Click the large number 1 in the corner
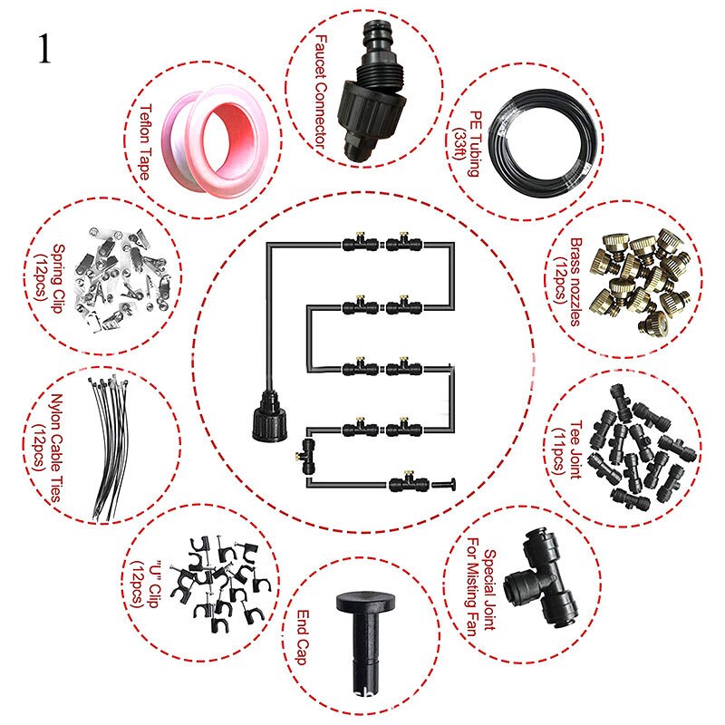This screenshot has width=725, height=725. click(x=44, y=49)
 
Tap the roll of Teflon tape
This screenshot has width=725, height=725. click(x=214, y=141)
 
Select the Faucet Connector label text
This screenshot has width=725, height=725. click(x=320, y=92)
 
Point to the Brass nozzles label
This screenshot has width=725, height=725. click(x=569, y=282)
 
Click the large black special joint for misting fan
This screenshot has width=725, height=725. click(x=542, y=578)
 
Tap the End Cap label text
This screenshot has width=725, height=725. click(x=303, y=637)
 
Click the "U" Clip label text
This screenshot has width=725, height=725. click(x=147, y=584)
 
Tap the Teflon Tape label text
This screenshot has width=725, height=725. click(x=146, y=142)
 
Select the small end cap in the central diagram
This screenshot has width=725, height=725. click(x=444, y=485)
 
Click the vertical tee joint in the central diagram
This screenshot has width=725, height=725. click(x=306, y=457)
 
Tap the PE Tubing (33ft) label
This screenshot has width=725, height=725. click(x=467, y=143)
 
